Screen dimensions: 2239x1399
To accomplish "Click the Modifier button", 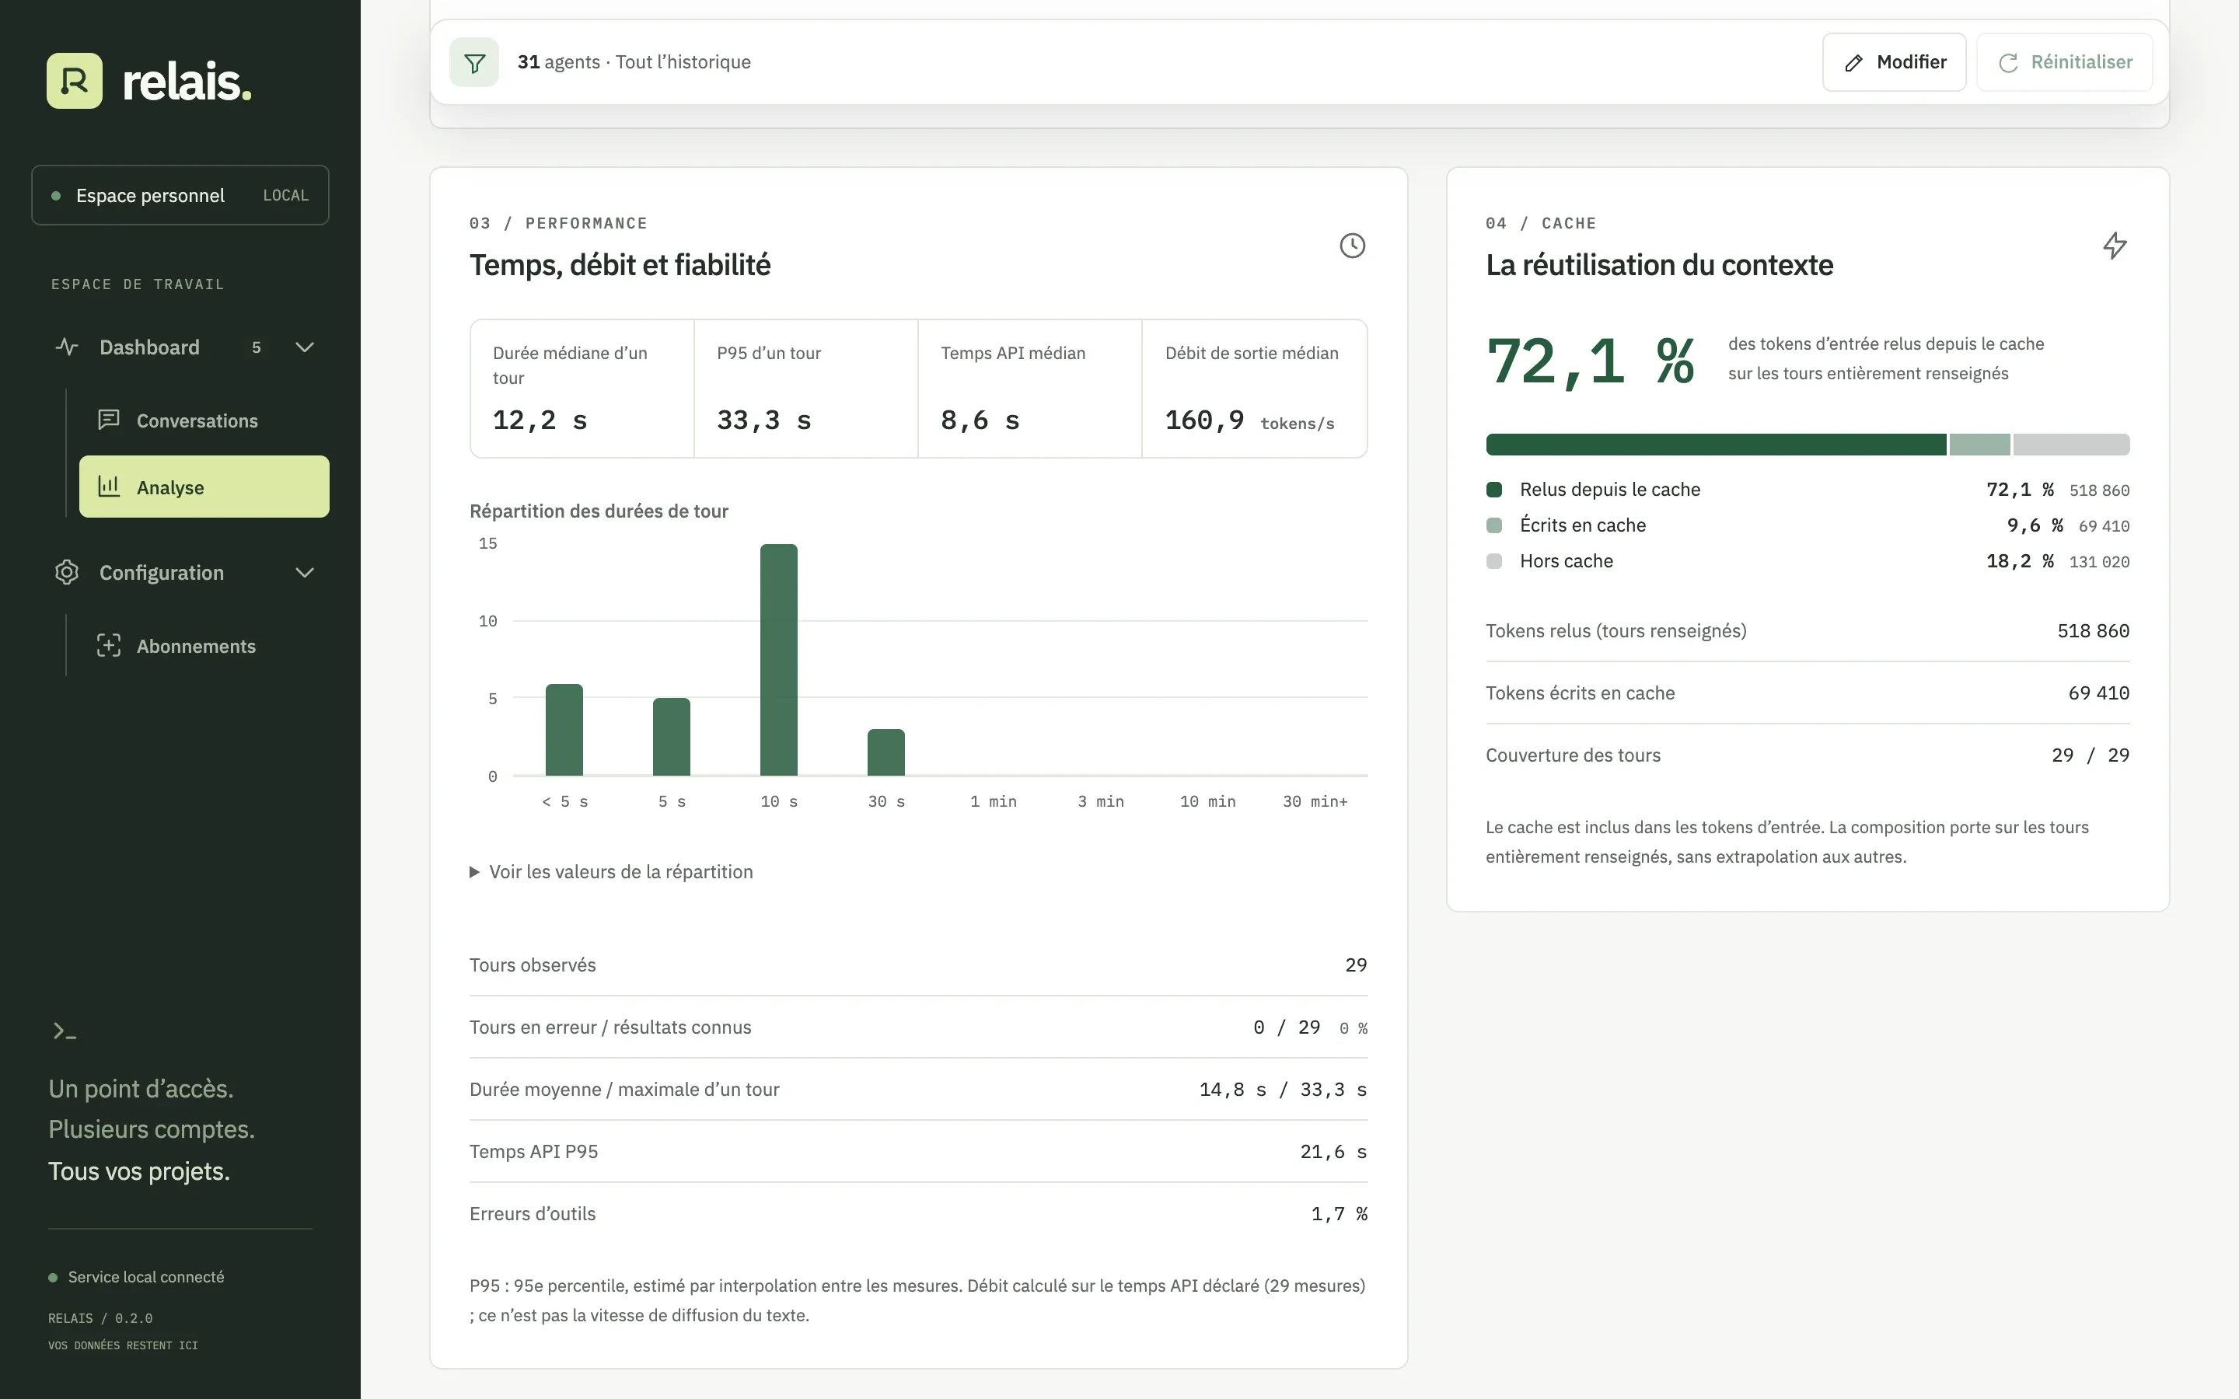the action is pos(1894,62).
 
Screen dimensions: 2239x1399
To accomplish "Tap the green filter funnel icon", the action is pos(475,62).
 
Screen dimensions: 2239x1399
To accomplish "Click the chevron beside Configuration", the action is pos(305,573).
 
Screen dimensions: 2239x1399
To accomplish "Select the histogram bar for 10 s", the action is pos(779,660).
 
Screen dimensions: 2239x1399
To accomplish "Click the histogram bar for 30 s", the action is pos(886,752).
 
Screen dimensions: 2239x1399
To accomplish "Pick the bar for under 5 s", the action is pos(564,730).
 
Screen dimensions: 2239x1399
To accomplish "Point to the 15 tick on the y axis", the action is pos(487,544).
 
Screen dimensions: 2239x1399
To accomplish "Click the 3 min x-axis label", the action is pos(1101,801).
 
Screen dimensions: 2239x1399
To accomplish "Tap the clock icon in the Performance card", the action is pos(1353,245).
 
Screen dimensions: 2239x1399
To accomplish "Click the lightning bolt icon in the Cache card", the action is pos(2115,245).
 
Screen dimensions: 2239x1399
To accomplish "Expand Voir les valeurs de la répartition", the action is pos(612,871).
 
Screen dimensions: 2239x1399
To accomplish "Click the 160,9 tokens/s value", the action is pos(1250,421).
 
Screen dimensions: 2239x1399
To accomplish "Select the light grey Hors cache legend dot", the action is pos(1494,560).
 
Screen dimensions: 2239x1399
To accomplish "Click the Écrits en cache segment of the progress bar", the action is pos(1980,444).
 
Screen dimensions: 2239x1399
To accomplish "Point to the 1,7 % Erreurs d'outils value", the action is pos(1339,1214).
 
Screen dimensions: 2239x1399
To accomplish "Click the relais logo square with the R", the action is pos(75,81).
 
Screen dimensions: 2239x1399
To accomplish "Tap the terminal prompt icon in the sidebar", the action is pos(65,1031).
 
